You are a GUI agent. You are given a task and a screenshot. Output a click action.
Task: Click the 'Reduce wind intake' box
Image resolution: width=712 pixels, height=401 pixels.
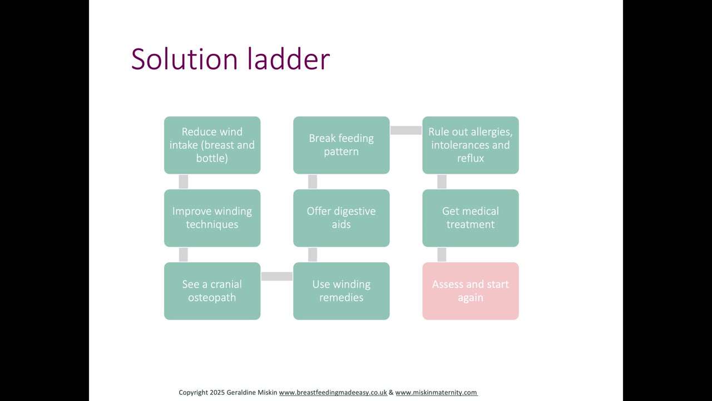(x=212, y=145)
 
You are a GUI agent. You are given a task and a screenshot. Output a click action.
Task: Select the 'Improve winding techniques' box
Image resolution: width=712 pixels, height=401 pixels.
(x=212, y=218)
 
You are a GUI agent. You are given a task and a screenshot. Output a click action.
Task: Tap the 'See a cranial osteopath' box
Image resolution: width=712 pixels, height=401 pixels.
(x=212, y=291)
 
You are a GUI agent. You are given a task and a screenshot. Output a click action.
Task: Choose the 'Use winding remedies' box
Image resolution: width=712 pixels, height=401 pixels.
(x=342, y=291)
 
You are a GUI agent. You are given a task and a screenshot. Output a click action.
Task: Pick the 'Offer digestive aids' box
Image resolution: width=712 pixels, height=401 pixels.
(x=342, y=218)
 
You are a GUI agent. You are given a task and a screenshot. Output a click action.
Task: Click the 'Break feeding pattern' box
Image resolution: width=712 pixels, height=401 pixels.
(x=342, y=145)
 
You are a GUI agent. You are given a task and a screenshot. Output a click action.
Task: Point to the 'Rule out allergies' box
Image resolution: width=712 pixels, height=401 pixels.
(x=471, y=145)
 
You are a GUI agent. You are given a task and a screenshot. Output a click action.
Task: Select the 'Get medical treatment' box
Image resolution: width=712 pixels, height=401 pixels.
(x=471, y=218)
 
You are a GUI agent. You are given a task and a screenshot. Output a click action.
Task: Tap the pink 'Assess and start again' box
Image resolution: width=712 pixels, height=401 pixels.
(x=471, y=291)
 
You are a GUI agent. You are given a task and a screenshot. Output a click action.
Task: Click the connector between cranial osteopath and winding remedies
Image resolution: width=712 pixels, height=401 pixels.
(x=277, y=276)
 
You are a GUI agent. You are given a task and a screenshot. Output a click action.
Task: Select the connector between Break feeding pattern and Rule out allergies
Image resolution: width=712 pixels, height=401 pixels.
(x=406, y=130)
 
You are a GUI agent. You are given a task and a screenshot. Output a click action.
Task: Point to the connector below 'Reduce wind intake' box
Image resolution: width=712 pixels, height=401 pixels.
(x=184, y=182)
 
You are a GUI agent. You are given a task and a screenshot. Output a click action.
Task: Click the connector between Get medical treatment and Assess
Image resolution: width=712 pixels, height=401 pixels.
(x=442, y=255)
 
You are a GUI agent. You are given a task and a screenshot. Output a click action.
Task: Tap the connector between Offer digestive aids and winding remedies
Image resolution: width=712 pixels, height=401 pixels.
(x=313, y=255)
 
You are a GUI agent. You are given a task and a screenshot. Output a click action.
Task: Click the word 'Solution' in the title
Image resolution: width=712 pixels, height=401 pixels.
(x=184, y=59)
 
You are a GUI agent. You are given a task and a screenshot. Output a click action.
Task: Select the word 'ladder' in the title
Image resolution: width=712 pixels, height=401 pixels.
(x=289, y=59)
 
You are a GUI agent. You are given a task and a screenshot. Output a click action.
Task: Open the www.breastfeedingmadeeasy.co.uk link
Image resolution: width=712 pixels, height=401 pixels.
(x=333, y=393)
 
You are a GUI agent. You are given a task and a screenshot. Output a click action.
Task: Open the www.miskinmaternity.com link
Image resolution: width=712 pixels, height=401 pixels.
(x=436, y=393)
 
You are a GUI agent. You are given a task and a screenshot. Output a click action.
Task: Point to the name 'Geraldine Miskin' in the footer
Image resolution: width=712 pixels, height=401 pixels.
(x=252, y=393)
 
